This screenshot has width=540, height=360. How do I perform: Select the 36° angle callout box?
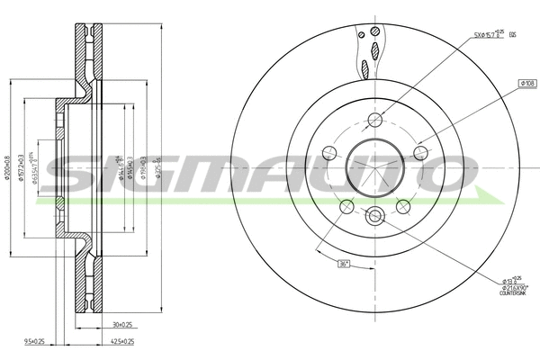[x=343, y=264]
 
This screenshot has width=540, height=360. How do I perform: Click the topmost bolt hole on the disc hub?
[x=376, y=121]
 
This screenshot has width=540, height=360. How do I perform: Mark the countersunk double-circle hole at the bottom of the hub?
[x=376, y=215]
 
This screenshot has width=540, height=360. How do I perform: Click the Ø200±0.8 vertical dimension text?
[x=8, y=165]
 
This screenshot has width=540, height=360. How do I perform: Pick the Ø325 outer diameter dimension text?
[x=158, y=165]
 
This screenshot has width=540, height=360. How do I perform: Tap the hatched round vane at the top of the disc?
[x=362, y=34]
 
